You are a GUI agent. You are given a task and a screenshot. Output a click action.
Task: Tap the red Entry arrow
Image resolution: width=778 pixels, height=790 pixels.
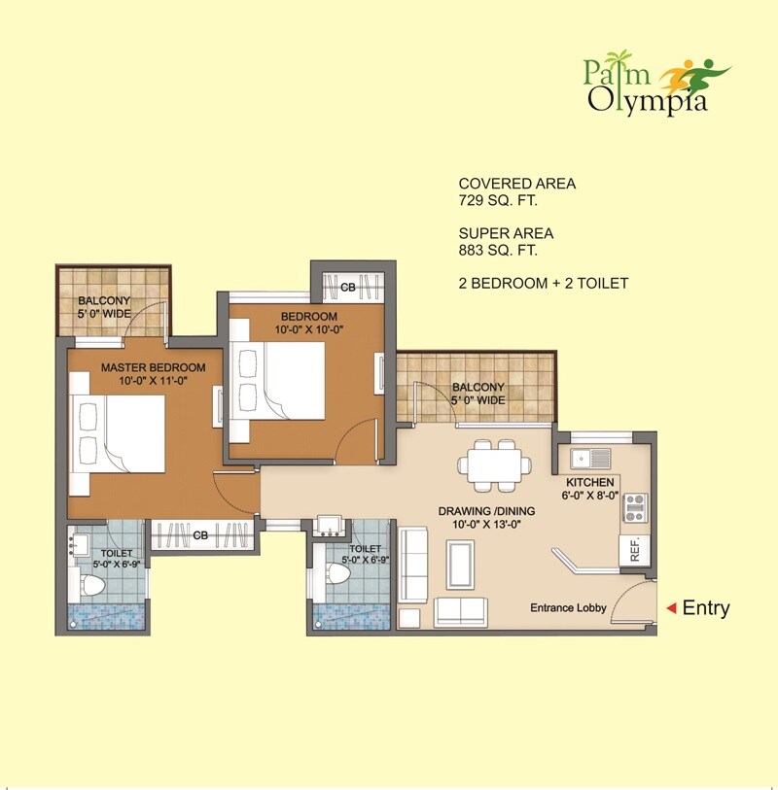pos(670,608)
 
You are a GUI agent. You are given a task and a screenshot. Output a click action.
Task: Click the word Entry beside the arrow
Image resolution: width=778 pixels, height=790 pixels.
pos(706,608)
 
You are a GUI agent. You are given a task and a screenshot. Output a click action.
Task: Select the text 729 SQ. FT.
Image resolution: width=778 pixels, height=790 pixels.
pos(498,201)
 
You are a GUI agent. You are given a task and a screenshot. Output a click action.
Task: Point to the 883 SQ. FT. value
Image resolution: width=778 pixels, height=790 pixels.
pos(498,251)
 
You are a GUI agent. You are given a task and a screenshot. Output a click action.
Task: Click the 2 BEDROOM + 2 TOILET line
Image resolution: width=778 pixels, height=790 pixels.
pos(543,284)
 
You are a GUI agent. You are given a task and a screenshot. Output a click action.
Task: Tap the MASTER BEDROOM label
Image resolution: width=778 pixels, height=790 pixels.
pos(154,367)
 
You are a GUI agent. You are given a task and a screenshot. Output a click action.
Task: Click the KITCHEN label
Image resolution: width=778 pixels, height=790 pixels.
pos(590,482)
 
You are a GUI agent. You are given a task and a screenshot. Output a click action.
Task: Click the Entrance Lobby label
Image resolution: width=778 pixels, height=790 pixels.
pos(568,608)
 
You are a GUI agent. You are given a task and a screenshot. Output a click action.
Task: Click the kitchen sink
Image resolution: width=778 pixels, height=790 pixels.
pos(591,457)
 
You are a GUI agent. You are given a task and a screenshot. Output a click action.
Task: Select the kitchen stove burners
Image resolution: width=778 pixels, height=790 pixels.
pos(635,506)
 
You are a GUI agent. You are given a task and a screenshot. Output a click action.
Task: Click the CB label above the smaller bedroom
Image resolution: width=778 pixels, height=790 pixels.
pos(347,287)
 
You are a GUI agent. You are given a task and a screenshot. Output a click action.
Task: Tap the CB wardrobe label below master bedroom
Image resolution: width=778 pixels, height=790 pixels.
pos(200,535)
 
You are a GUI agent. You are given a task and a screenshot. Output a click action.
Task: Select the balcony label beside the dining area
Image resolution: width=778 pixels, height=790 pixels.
pos(477,393)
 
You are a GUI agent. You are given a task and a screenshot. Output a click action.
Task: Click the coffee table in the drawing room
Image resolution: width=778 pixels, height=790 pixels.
pos(461,563)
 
